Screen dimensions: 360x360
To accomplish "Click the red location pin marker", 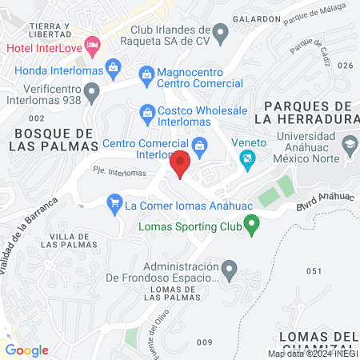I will coord(181,163).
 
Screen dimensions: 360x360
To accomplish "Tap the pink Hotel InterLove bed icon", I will coord(91,45).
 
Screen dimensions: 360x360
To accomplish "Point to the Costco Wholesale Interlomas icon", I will coord(146,111).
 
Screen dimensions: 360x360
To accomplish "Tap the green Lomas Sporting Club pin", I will coord(252,226).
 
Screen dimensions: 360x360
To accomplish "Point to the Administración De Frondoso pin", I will coord(230,269).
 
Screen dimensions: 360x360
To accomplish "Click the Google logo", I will coord(26,350).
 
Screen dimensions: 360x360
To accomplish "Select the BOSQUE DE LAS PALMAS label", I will coord(53,138).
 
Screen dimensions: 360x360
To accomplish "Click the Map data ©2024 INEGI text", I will coord(312,354).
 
